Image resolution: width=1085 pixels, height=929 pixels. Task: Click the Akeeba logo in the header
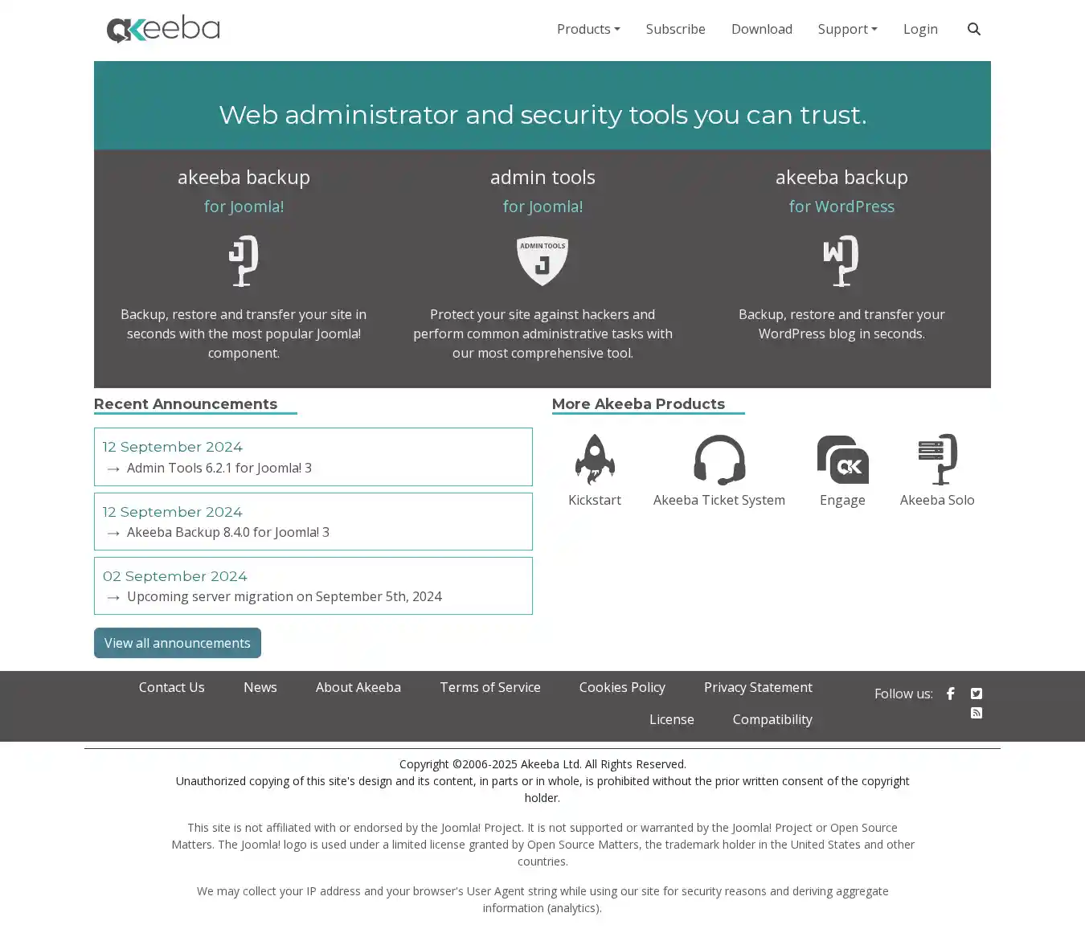coord(163,29)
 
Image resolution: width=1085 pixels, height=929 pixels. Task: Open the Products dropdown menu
coord(588,29)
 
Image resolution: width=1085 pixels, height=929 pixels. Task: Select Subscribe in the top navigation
coord(675,29)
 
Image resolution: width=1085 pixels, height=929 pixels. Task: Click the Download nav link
coord(761,29)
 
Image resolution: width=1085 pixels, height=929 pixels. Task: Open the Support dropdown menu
coord(847,29)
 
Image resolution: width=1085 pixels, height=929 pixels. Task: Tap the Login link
coord(920,29)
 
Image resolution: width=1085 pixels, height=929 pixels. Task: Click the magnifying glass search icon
coord(973,29)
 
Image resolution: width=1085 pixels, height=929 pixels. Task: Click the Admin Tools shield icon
coord(542,260)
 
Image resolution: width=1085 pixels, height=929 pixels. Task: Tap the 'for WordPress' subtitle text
coord(841,207)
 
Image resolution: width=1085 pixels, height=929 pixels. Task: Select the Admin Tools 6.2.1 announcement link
coord(219,468)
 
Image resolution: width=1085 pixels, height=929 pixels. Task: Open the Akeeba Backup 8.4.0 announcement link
coord(227,532)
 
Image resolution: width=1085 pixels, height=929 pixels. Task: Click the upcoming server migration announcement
coord(284,596)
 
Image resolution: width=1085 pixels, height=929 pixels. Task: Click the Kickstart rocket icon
coord(595,459)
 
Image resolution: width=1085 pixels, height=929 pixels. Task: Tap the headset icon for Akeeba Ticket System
coord(719,459)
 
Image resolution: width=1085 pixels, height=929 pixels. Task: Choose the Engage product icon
coord(842,459)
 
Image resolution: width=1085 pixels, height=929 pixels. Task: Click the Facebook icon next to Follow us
coord(951,694)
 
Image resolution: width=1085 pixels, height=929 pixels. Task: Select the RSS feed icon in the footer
coord(976,713)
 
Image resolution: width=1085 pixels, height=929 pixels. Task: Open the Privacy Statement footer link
coord(758,687)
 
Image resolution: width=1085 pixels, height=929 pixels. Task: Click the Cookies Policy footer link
coord(622,687)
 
